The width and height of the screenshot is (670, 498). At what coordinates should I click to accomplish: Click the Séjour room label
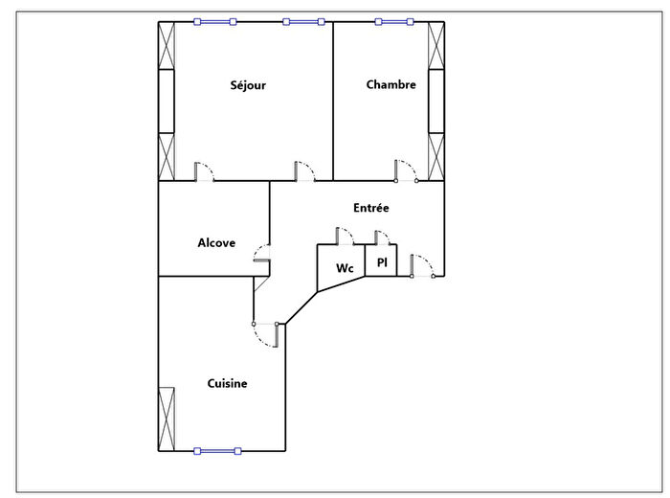click(x=248, y=85)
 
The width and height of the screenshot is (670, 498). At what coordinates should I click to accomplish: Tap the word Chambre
click(x=391, y=85)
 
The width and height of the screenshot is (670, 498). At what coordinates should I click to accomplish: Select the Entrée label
click(x=370, y=207)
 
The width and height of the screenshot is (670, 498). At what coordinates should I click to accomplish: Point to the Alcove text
click(x=216, y=243)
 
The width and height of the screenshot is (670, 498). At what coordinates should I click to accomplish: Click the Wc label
click(x=345, y=269)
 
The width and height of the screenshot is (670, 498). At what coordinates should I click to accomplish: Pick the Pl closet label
click(x=381, y=262)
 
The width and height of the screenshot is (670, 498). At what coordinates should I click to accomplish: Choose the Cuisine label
click(x=227, y=383)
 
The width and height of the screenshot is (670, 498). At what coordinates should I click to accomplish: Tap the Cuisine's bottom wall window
click(x=216, y=450)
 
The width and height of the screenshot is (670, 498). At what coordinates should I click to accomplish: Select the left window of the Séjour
click(x=214, y=21)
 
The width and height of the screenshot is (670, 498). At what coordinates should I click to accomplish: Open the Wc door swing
click(x=345, y=236)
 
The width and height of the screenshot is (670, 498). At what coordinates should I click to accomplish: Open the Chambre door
click(x=406, y=170)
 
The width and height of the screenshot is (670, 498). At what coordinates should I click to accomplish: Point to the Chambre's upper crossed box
click(x=436, y=46)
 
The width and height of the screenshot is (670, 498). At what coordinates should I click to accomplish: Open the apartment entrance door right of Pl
click(x=422, y=265)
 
